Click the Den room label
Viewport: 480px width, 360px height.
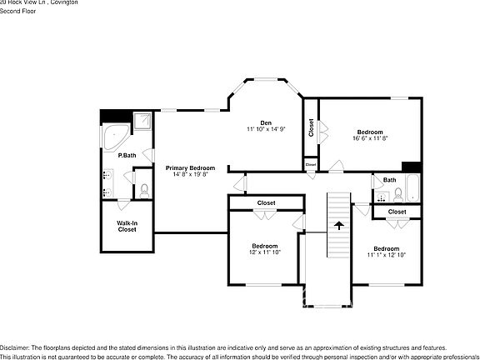point(266,122)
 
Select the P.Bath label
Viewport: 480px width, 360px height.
point(127,156)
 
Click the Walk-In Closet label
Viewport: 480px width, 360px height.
point(127,226)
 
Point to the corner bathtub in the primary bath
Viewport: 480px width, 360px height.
point(114,136)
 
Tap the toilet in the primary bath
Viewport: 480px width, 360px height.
point(144,189)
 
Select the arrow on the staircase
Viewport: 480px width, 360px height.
point(338,224)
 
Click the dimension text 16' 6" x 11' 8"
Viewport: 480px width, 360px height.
point(370,139)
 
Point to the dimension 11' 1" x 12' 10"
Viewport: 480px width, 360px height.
point(386,256)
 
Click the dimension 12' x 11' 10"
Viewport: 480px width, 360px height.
point(265,252)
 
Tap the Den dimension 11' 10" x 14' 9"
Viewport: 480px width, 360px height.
point(266,129)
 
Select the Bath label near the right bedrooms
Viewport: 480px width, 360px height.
point(389,180)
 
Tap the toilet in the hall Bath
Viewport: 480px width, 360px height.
point(398,195)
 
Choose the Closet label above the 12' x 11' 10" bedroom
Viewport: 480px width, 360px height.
point(266,202)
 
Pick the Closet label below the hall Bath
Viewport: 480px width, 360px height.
point(397,212)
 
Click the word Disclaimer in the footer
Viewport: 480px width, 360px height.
point(15,347)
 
